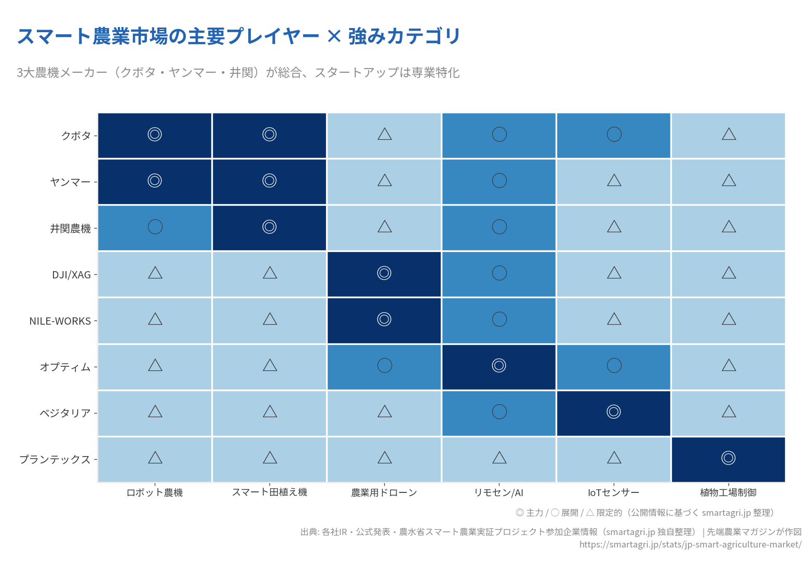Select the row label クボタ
(76, 136)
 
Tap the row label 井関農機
(70, 229)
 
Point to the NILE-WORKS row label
(60, 321)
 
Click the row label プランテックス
(55, 460)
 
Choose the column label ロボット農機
(155, 492)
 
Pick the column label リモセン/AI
(498, 492)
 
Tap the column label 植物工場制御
(728, 492)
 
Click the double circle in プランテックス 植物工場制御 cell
(728, 458)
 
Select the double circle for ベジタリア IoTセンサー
(614, 411)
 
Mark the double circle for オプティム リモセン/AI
(499, 365)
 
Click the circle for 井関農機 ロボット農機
(155, 226)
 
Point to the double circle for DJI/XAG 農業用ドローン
(384, 273)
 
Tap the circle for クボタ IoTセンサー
(614, 134)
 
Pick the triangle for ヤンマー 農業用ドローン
(385, 181)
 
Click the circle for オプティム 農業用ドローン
(385, 365)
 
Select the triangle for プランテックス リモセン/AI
(500, 458)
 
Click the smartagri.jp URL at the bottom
(690, 544)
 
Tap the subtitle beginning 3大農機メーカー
(238, 73)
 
